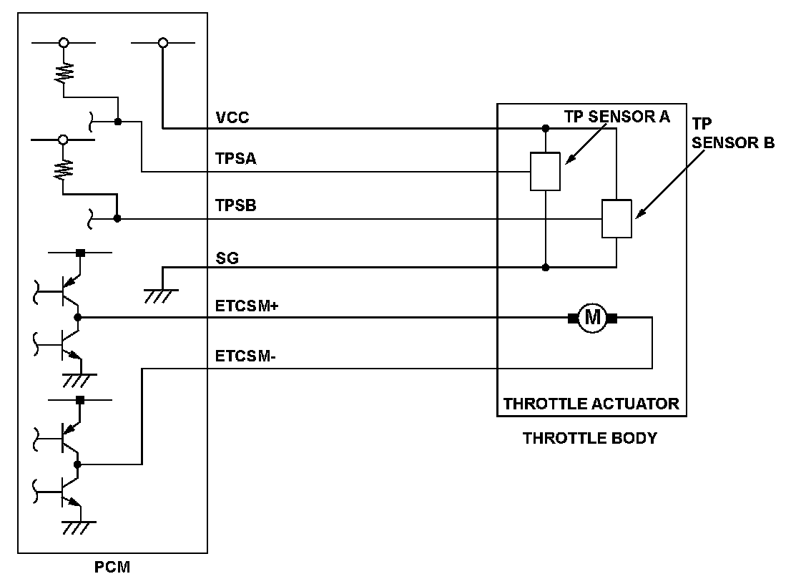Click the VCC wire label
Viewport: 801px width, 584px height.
click(232, 117)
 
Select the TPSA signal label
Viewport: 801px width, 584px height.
click(236, 160)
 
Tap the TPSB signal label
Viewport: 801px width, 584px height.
click(236, 206)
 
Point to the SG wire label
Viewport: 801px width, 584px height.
click(227, 258)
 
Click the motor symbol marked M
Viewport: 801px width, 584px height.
click(591, 317)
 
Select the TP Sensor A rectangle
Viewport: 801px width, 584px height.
click(545, 172)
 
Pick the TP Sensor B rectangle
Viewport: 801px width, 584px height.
click(616, 218)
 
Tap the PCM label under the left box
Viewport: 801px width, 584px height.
click(113, 569)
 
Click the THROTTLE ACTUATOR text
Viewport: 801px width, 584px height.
click(591, 404)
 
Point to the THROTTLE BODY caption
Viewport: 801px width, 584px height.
click(590, 438)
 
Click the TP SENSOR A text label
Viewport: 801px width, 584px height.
click(617, 117)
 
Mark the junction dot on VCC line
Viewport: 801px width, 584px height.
click(546, 129)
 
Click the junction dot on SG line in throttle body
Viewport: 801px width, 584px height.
click(546, 268)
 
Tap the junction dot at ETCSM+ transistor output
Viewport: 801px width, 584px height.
click(77, 316)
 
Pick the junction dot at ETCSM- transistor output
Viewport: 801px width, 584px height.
click(77, 464)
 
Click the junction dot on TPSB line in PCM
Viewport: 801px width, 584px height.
click(117, 218)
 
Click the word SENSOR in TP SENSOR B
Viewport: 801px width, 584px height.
click(734, 142)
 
